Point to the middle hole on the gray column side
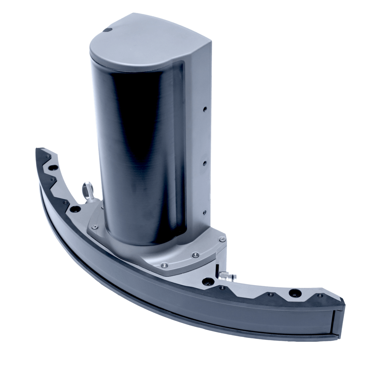tap(204, 163)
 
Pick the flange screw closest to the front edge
tap(164, 265)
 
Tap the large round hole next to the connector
tap(206, 282)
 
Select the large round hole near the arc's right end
tap(295, 293)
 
